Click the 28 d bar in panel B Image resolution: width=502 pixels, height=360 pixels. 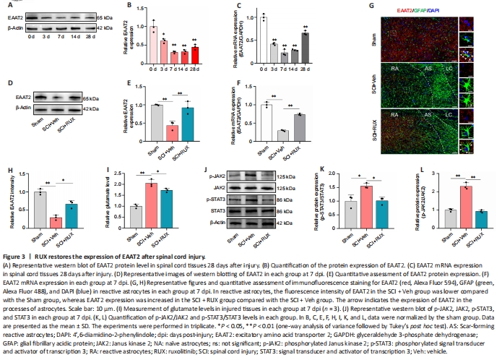pos(194,54)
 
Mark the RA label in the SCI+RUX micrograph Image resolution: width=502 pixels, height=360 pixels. pos(393,116)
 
